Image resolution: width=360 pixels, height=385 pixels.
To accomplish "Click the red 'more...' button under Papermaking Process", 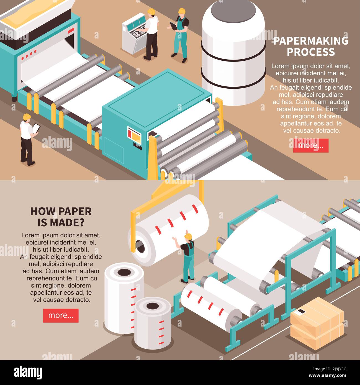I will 311,145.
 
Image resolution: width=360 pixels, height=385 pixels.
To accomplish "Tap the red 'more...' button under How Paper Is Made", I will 61,315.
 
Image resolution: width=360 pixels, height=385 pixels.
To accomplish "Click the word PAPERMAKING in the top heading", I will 311,41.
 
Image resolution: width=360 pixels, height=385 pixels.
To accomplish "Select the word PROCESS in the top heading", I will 311,52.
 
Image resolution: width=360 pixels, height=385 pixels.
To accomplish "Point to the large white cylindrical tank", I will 233,53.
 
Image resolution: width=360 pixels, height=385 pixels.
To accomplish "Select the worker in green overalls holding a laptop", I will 181,35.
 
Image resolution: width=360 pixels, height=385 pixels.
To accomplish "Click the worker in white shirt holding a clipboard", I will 27,138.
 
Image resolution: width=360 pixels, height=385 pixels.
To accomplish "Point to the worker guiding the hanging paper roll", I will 188,258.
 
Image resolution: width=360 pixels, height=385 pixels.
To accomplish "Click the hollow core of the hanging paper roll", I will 140,246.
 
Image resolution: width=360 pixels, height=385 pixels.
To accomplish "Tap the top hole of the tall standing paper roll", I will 124,272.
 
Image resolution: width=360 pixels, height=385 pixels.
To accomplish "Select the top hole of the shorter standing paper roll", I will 152,306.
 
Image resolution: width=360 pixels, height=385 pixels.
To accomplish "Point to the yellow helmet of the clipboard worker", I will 27,117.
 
